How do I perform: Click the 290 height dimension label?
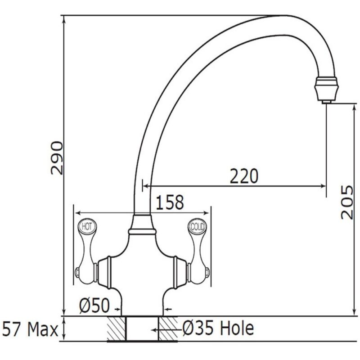57,158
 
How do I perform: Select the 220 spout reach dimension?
244,176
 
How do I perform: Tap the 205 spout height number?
346,202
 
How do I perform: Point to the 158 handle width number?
170,202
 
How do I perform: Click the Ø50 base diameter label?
94,306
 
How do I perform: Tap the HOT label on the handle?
87,227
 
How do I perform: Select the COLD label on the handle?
197,227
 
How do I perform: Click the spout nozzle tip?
326,102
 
